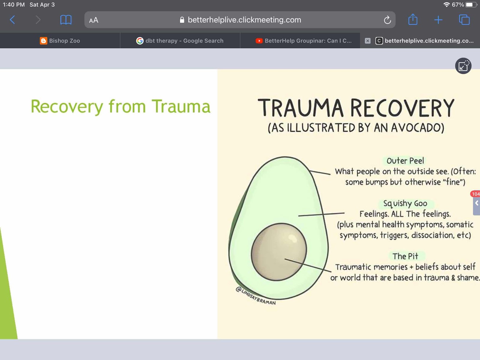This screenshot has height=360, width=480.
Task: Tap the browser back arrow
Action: point(13,20)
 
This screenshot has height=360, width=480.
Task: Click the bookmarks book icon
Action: point(66,20)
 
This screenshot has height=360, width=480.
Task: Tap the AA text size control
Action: point(94,20)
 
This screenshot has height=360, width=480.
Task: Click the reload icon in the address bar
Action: point(387,20)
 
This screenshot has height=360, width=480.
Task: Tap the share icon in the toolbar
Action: point(413,19)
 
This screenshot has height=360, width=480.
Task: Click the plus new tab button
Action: point(438,20)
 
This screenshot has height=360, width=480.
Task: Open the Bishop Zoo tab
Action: point(60,41)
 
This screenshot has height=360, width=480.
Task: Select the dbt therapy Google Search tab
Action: point(180,41)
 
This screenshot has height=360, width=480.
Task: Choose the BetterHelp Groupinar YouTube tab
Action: point(304,41)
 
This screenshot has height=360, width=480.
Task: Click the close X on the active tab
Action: point(367,41)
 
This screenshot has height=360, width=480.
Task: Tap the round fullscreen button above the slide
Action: point(463,66)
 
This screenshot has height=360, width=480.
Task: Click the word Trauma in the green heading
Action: point(181,106)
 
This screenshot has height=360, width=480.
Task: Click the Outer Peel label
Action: point(405,161)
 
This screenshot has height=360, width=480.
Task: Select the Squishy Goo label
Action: point(405,203)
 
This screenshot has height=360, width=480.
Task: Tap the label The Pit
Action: point(405,256)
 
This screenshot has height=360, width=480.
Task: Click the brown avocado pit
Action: point(279,252)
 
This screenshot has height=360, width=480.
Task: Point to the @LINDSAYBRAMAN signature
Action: point(255,296)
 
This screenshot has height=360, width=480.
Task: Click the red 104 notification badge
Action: point(475,194)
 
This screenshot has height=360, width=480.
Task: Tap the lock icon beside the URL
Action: point(182,20)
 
